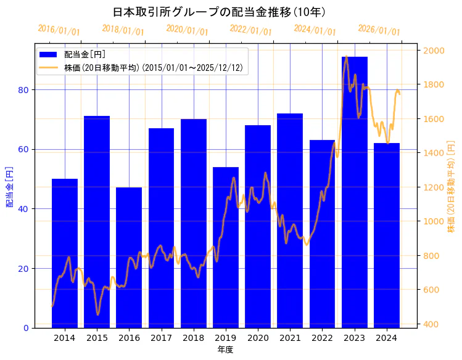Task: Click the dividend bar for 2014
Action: point(65,253)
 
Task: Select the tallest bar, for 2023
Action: point(355,192)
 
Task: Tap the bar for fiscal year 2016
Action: point(129,257)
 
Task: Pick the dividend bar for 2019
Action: point(226,247)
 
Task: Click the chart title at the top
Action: point(220,12)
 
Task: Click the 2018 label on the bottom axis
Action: point(193,338)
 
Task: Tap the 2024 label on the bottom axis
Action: point(386,338)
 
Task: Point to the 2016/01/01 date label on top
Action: point(59,30)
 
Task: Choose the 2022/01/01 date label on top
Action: point(250,30)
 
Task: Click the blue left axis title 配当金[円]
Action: point(9,186)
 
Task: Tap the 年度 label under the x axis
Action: point(225,350)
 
